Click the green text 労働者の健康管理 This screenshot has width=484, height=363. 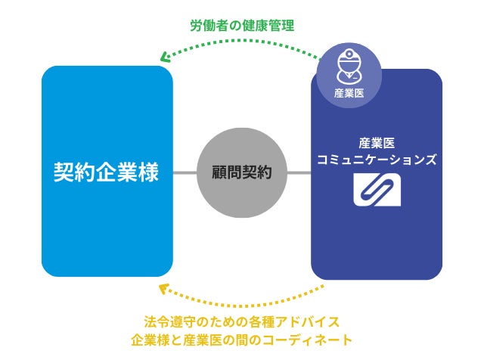(242, 26)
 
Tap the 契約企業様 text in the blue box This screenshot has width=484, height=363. (106, 172)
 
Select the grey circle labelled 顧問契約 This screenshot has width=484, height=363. (242, 172)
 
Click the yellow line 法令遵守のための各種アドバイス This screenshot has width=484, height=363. (241, 321)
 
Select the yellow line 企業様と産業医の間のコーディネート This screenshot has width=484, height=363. (241, 340)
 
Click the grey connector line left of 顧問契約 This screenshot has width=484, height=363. (185, 173)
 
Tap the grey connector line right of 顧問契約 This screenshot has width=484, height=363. (299, 173)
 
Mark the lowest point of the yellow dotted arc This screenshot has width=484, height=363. (242, 304)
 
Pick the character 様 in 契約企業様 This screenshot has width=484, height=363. (149, 172)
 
